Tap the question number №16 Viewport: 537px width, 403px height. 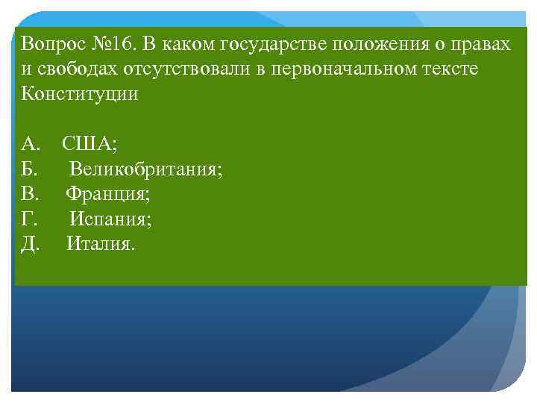(x=113, y=44)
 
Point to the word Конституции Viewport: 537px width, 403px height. (x=80, y=95)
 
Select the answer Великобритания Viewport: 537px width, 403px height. (x=146, y=169)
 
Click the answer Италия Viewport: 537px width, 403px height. (x=101, y=244)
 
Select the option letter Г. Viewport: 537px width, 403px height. (x=28, y=219)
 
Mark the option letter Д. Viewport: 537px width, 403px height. (x=30, y=244)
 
